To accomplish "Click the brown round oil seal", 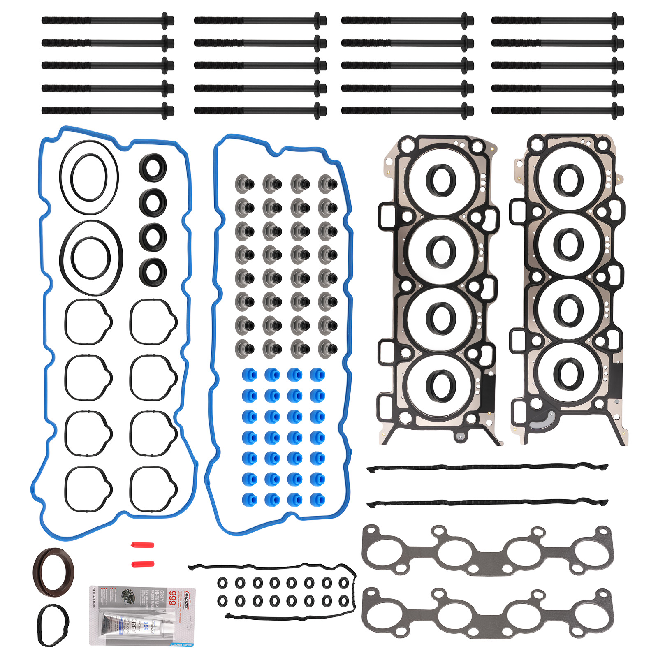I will (53, 572).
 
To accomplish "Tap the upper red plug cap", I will (143, 545).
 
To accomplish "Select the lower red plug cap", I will (143, 563).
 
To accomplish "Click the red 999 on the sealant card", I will (173, 598).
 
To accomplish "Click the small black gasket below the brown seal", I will (53, 625).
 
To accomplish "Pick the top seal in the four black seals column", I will (153, 167).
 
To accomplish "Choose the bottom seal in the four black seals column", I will (153, 272).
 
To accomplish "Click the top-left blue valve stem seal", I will (249, 375).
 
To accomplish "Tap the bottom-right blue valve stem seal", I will (317, 500).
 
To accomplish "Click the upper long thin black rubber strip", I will (487, 468).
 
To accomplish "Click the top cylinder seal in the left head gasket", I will (441, 181).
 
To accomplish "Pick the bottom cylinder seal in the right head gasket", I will (568, 373).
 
